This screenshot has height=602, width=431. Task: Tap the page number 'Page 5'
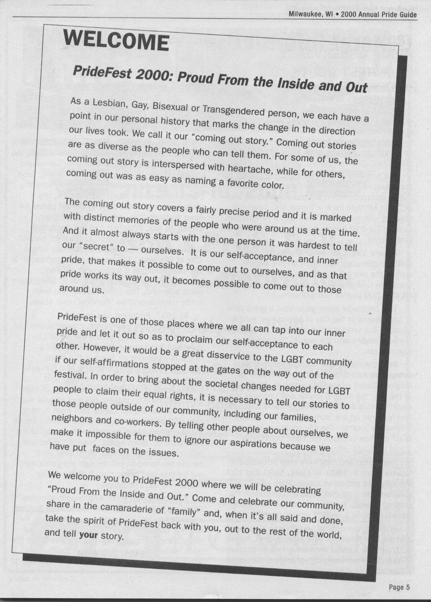(x=399, y=587)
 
